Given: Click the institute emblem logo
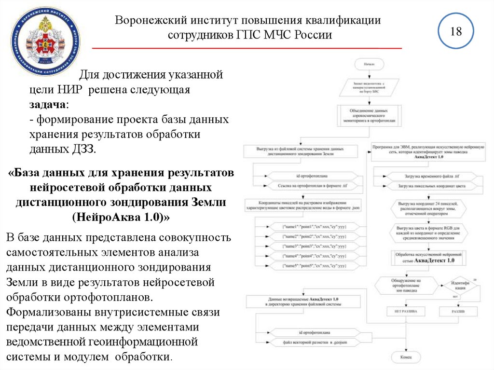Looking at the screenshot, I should [x=46, y=41].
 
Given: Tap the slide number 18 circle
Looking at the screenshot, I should [x=455, y=33].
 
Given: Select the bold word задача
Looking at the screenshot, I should [x=47, y=105].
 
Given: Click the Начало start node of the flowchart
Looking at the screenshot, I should [x=369, y=63].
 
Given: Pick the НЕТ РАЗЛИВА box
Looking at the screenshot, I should [x=406, y=312].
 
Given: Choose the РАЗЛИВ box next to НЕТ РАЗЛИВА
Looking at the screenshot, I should [x=458, y=312].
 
